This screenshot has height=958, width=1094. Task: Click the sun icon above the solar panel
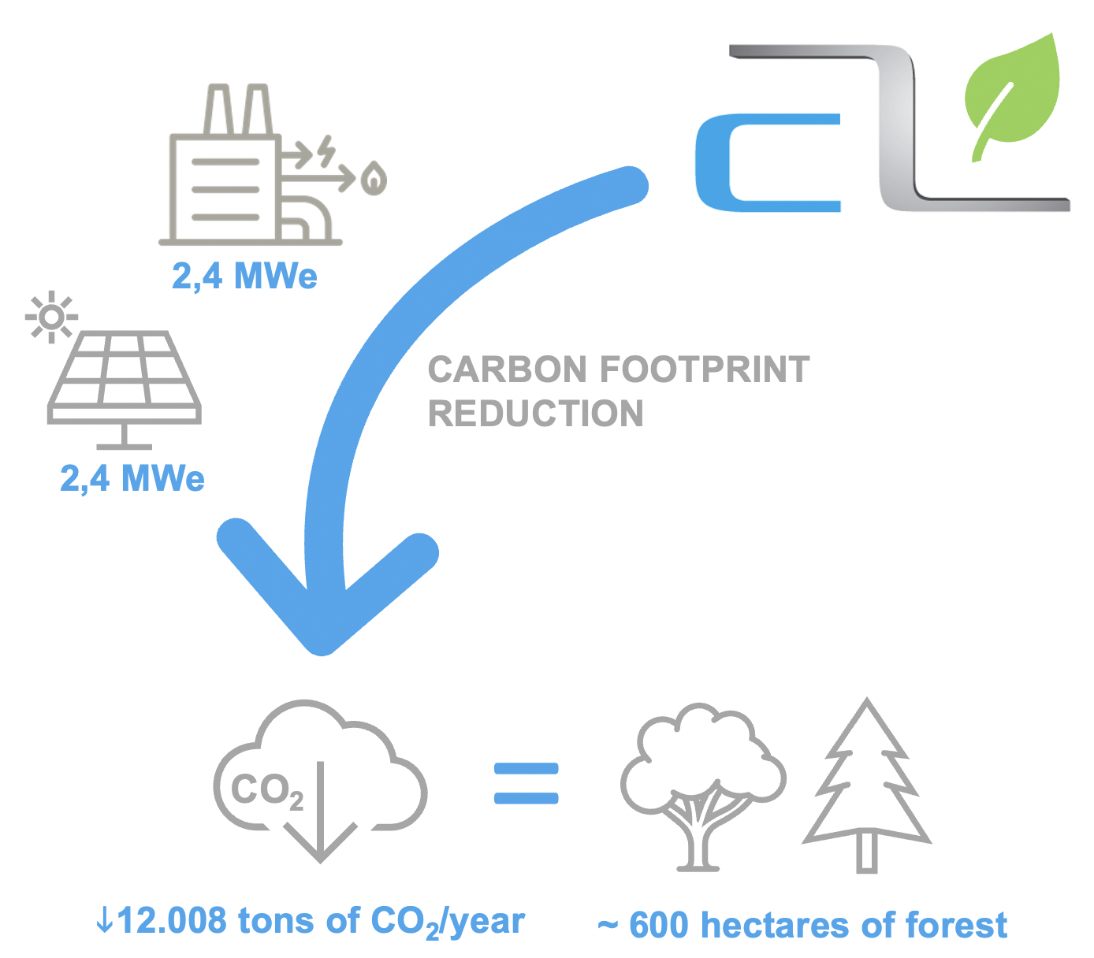click(51, 317)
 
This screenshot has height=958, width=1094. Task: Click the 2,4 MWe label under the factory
click(244, 277)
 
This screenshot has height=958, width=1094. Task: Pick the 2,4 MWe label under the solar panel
click(132, 478)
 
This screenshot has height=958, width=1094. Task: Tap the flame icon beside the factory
click(374, 178)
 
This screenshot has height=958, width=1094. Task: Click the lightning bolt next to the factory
click(326, 150)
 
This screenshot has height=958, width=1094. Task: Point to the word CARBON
click(507, 369)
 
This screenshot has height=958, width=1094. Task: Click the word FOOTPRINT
click(705, 369)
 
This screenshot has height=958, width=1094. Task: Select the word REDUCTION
click(535, 414)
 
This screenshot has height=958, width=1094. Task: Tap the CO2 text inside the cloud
click(266, 791)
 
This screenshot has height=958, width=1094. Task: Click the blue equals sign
click(526, 783)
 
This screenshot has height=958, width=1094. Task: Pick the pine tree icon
click(867, 785)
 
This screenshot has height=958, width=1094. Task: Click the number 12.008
click(172, 919)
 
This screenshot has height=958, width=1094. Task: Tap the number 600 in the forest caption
click(659, 925)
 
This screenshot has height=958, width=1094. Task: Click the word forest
click(956, 925)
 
